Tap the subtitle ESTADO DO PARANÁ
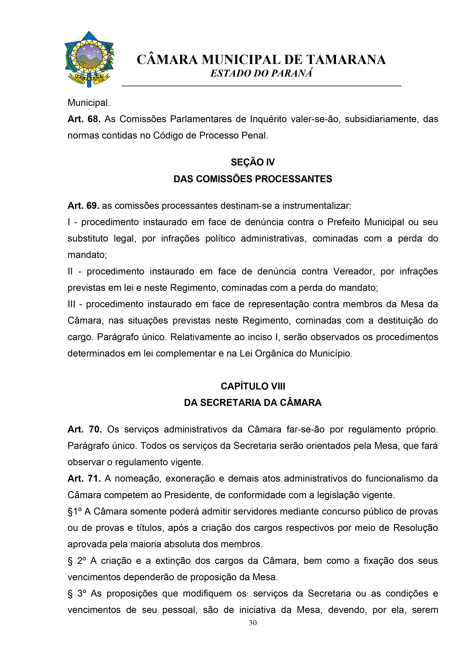[261, 73]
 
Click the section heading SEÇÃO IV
[252, 162]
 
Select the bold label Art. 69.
[83, 206]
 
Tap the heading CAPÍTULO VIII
[252, 386]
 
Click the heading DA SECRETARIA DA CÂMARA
[252, 403]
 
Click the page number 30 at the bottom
[252, 623]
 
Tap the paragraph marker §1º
[74, 512]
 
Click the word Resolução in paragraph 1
[415, 528]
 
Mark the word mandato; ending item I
[87, 255]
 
